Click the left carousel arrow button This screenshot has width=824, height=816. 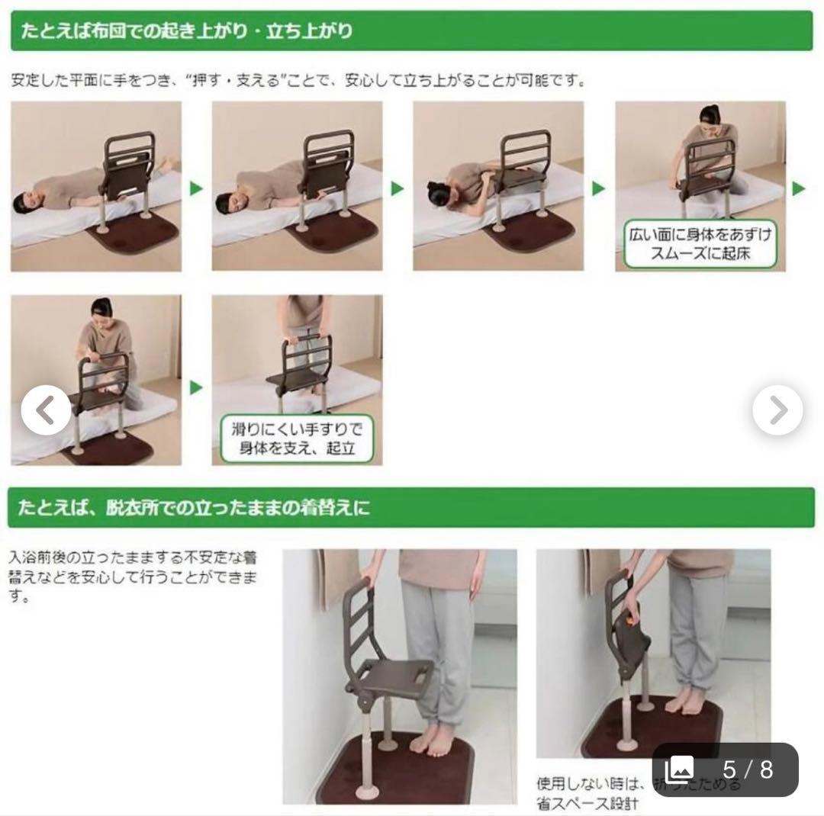pyautogui.click(x=46, y=410)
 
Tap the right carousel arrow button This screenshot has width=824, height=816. pyautogui.click(x=777, y=410)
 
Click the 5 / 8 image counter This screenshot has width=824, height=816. pyautogui.click(x=724, y=769)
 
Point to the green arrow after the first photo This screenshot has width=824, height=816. pyautogui.click(x=196, y=188)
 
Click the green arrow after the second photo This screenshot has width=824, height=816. pyautogui.click(x=398, y=188)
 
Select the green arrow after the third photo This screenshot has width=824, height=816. pyautogui.click(x=599, y=188)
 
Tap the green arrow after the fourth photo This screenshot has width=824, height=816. pyautogui.click(x=799, y=188)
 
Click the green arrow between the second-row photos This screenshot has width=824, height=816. pyautogui.click(x=196, y=387)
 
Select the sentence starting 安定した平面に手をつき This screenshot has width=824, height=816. pyautogui.click(x=298, y=80)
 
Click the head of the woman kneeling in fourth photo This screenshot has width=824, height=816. pyautogui.click(x=710, y=116)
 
